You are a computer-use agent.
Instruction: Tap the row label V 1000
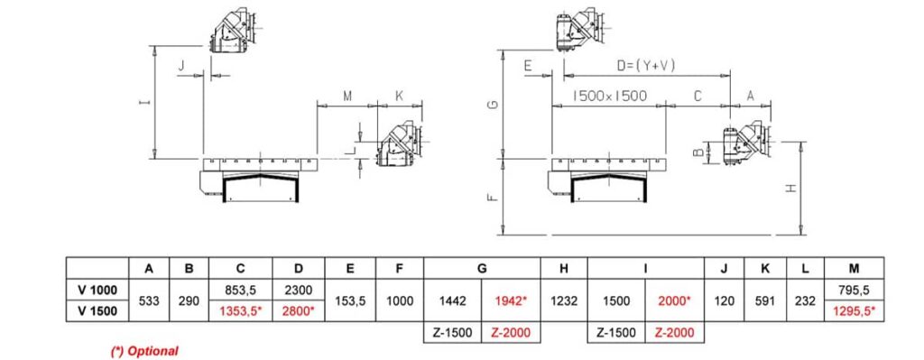[99, 291]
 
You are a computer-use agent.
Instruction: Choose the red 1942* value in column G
[512, 300]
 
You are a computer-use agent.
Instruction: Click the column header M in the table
[853, 268]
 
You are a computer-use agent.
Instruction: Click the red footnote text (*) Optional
[144, 351]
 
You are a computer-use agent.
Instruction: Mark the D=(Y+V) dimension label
[646, 66]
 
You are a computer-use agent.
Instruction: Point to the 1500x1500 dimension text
[610, 96]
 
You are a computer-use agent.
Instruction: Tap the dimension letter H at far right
[790, 189]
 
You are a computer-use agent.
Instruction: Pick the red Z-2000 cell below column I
[674, 333]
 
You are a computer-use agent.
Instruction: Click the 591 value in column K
[765, 300]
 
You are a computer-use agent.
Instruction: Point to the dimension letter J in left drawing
[182, 66]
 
